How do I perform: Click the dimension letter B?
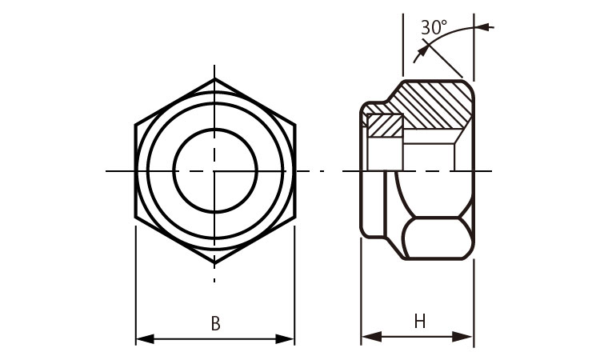pyautogui.click(x=216, y=323)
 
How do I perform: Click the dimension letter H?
pyautogui.click(x=420, y=322)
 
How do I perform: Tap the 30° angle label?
pyautogui.click(x=434, y=27)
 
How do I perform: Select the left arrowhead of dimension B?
pyautogui.click(x=145, y=338)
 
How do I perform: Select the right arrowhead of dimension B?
pyautogui.click(x=285, y=338)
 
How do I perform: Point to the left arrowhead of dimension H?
pyautogui.click(x=371, y=337)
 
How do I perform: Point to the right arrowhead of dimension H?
pyautogui.click(x=462, y=337)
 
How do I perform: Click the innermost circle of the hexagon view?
pyautogui.click(x=215, y=130)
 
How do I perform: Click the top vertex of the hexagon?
pyautogui.click(x=214, y=79)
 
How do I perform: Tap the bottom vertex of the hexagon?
pyautogui.click(x=214, y=263)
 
